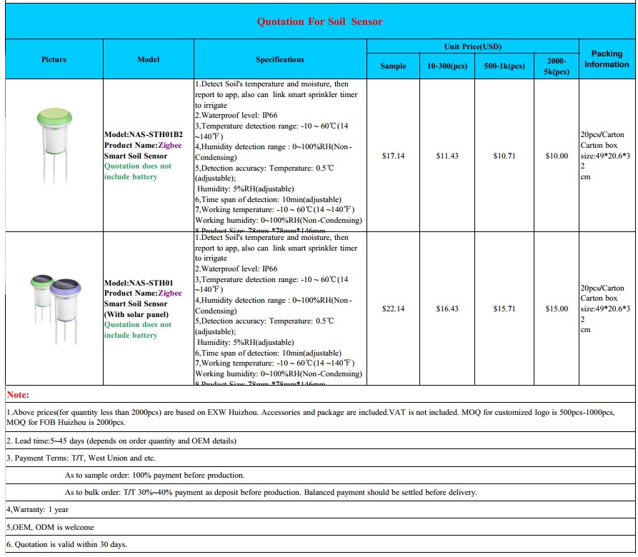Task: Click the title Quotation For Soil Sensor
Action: [319, 21]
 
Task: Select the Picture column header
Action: [54, 59]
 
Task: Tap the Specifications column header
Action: [279, 59]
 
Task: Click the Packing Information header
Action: [607, 59]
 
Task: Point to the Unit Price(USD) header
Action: [472, 46]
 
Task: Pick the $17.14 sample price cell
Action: [394, 156]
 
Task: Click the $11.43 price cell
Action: [447, 156]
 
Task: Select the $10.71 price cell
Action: [504, 156]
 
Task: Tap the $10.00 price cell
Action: [557, 156]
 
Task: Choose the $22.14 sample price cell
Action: [394, 308]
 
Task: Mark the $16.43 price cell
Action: [447, 308]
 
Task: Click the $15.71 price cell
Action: [504, 308]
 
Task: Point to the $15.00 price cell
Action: [557, 308]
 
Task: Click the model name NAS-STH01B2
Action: [144, 134]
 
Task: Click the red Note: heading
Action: [18, 395]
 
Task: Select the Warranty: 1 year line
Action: [38, 510]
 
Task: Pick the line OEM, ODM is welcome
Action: [50, 527]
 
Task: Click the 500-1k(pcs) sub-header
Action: [504, 66]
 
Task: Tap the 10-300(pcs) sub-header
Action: [447, 66]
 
